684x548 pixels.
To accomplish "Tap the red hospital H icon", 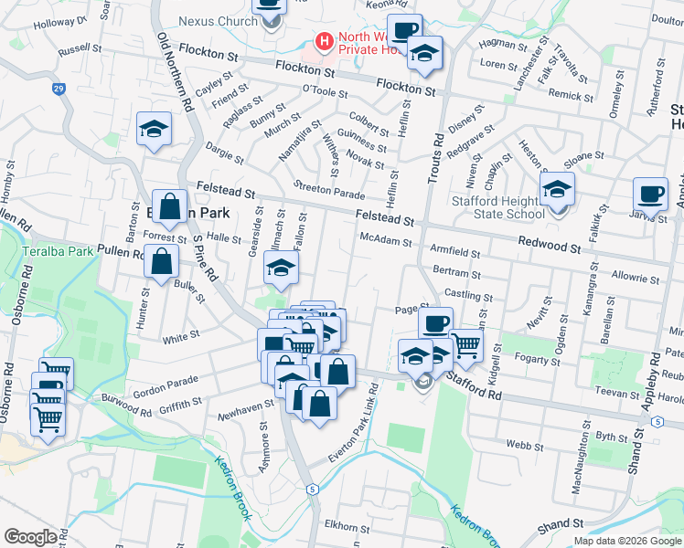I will tap(323, 41).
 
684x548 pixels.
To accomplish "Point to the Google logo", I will tap(30, 536).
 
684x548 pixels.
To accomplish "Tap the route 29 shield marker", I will tap(59, 89).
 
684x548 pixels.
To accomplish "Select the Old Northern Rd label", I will tap(176, 73).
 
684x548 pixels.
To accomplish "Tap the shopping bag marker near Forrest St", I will tap(170, 207).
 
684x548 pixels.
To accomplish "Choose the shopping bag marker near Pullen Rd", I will tap(161, 260).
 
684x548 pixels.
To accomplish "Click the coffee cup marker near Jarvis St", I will tap(650, 194).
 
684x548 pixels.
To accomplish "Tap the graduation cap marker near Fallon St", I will tap(281, 267).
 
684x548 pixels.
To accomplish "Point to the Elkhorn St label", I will tap(347, 529).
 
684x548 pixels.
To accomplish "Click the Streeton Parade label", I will tap(328, 189).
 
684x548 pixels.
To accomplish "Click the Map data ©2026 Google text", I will tap(627, 541).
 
